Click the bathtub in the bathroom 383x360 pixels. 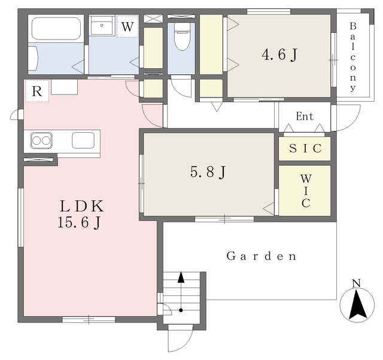[x=56, y=29]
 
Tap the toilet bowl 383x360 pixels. [x=182, y=36]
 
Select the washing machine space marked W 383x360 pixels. [x=127, y=26]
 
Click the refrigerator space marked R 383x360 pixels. [x=37, y=91]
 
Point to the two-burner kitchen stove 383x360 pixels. [x=41, y=141]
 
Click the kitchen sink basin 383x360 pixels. [x=83, y=140]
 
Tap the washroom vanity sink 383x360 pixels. [x=102, y=26]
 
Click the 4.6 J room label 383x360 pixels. [x=279, y=54]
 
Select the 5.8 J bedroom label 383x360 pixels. [x=208, y=172]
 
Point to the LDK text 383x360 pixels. [x=82, y=206]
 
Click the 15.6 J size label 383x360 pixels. [x=79, y=222]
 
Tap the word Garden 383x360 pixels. [x=262, y=256]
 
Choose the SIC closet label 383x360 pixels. [x=305, y=148]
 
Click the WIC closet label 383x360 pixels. [x=306, y=191]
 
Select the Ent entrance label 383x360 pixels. [x=305, y=116]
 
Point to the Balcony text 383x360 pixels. [x=352, y=57]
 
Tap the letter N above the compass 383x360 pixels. [x=357, y=283]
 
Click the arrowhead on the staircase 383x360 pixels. [x=181, y=277]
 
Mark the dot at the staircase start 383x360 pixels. [x=181, y=310]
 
